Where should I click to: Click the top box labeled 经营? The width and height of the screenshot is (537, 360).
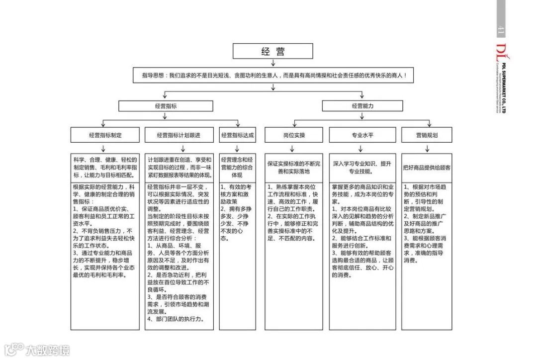tap(273, 51)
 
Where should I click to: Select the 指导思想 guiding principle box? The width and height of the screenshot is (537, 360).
tap(274, 76)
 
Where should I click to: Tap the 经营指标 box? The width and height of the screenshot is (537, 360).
tap(166, 106)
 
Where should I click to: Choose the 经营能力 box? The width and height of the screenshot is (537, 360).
tap(362, 106)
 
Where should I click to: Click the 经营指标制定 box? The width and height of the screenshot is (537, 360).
tap(105, 135)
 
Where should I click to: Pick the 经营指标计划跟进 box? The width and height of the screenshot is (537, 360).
tap(179, 135)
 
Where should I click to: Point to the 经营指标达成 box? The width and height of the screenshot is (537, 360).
tap(237, 135)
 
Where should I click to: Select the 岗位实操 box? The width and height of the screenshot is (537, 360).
tap(294, 135)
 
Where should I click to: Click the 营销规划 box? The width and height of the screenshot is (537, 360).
tap(427, 135)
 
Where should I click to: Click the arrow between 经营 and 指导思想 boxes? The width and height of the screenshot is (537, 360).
tap(273, 63)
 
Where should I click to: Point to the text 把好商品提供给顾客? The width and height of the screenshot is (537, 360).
tap(427, 168)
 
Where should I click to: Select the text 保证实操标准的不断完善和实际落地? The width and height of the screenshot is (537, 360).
tap(294, 168)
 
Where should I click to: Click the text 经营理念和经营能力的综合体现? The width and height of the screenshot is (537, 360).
tap(237, 168)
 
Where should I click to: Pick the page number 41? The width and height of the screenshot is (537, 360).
tap(501, 30)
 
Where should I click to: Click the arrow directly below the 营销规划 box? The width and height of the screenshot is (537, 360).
tap(427, 148)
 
